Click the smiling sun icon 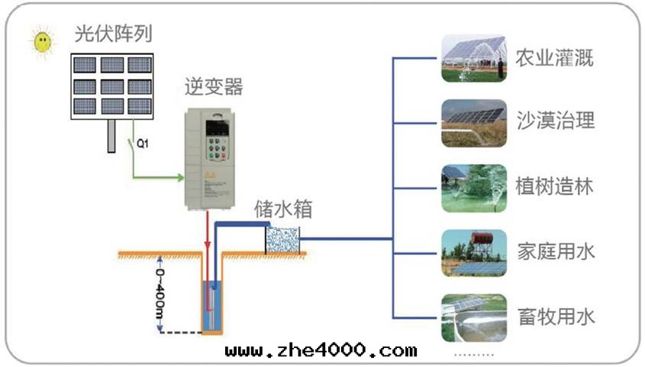point(44,40)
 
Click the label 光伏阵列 point(113,34)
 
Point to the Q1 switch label point(142,143)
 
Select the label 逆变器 point(214,86)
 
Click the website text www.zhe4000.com point(321,350)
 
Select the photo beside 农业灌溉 point(473,58)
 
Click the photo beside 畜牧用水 point(473,317)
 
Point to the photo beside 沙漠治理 point(473,122)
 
